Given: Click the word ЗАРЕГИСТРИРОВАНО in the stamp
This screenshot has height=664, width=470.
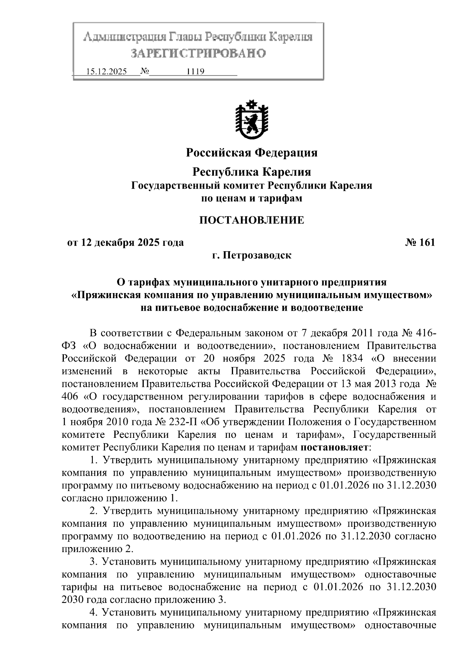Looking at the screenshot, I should pyautogui.click(x=198, y=53).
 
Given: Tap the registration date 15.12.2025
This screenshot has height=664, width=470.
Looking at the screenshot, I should pyautogui.click(x=106, y=72).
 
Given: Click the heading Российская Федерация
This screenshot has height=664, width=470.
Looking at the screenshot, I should pyautogui.click(x=251, y=153).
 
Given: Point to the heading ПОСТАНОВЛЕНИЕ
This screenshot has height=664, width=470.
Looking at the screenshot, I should pyautogui.click(x=251, y=220).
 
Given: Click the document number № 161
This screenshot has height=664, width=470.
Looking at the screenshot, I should pyautogui.click(x=420, y=243).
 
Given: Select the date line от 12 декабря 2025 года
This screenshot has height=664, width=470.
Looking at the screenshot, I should pyautogui.click(x=125, y=243).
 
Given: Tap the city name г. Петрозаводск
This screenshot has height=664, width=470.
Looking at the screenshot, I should pyautogui.click(x=251, y=256).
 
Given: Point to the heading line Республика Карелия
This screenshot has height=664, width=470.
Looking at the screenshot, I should pyautogui.click(x=251, y=172).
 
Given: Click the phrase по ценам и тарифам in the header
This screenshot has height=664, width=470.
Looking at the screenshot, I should pyautogui.click(x=251, y=198).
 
